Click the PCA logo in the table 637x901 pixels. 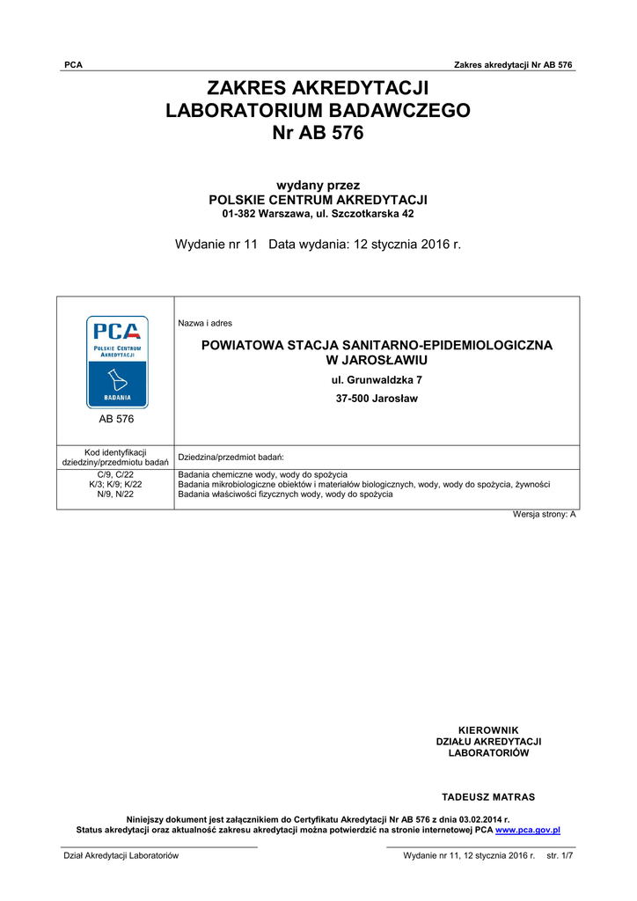(x=116, y=362)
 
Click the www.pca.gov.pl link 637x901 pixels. (x=528, y=830)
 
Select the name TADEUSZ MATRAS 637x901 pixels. (x=488, y=797)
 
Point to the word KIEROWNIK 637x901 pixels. (x=489, y=730)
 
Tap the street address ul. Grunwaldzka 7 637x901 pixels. (x=377, y=380)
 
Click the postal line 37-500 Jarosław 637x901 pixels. (x=377, y=399)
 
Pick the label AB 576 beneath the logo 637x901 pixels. (x=116, y=420)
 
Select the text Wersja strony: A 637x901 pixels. (x=545, y=514)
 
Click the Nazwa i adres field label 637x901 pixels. (x=205, y=324)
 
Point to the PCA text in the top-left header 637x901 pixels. (x=74, y=65)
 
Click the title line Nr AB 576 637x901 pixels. (x=318, y=135)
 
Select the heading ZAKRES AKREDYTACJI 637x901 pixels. (x=318, y=87)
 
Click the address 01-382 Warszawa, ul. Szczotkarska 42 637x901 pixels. (x=318, y=214)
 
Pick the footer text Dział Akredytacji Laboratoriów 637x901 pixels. (x=120, y=855)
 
